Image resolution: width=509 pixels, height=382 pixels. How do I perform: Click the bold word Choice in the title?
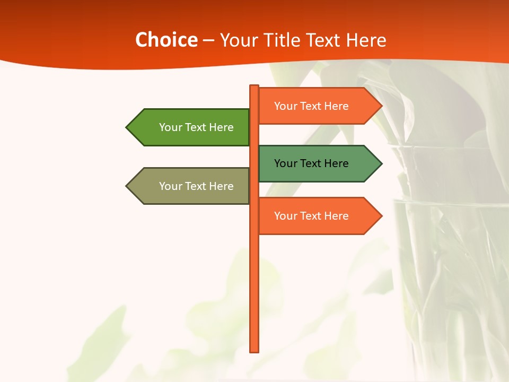coord(166,40)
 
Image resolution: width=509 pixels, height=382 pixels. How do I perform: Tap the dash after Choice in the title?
coord(208,41)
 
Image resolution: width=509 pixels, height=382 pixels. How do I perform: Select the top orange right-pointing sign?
coord(313,106)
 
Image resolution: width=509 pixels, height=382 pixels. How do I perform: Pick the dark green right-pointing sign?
coord(313,163)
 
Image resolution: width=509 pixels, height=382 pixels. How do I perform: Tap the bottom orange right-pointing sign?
coord(313,216)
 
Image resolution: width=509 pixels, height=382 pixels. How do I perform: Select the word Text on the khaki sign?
coord(196,186)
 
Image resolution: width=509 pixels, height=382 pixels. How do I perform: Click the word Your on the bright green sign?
coord(170,127)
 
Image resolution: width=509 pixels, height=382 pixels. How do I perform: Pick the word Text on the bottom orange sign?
coord(311,216)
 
